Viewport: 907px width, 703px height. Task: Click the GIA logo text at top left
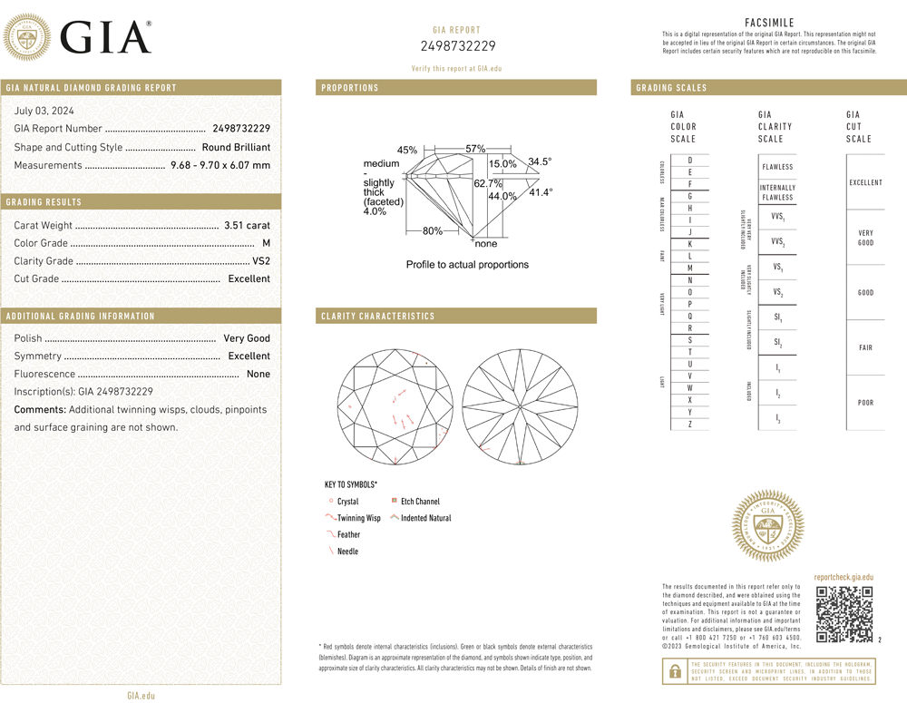click(105, 37)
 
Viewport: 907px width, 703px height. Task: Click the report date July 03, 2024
click(44, 111)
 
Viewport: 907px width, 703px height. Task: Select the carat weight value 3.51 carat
click(247, 225)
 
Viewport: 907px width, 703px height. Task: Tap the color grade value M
click(266, 243)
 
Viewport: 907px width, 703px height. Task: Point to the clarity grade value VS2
click(261, 261)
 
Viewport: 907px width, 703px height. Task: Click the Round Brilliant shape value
click(236, 147)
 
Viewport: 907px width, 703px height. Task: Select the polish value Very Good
click(247, 338)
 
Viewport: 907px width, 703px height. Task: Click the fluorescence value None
click(258, 374)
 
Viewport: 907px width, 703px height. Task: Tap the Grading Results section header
click(44, 202)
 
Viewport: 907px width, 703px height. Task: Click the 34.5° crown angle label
click(540, 161)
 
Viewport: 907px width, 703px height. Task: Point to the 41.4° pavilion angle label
click(541, 192)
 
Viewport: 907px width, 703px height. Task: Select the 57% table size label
click(475, 149)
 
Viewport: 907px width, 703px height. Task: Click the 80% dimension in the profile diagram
click(433, 231)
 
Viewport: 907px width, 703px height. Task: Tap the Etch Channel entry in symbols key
click(420, 502)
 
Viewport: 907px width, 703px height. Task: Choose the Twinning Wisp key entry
click(358, 518)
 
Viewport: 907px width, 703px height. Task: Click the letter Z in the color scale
click(690, 425)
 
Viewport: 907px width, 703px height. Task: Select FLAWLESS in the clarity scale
click(777, 167)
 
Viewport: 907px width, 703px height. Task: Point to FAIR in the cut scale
click(865, 347)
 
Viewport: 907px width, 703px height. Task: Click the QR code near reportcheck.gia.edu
click(844, 614)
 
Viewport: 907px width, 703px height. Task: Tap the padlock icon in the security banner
click(674, 670)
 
